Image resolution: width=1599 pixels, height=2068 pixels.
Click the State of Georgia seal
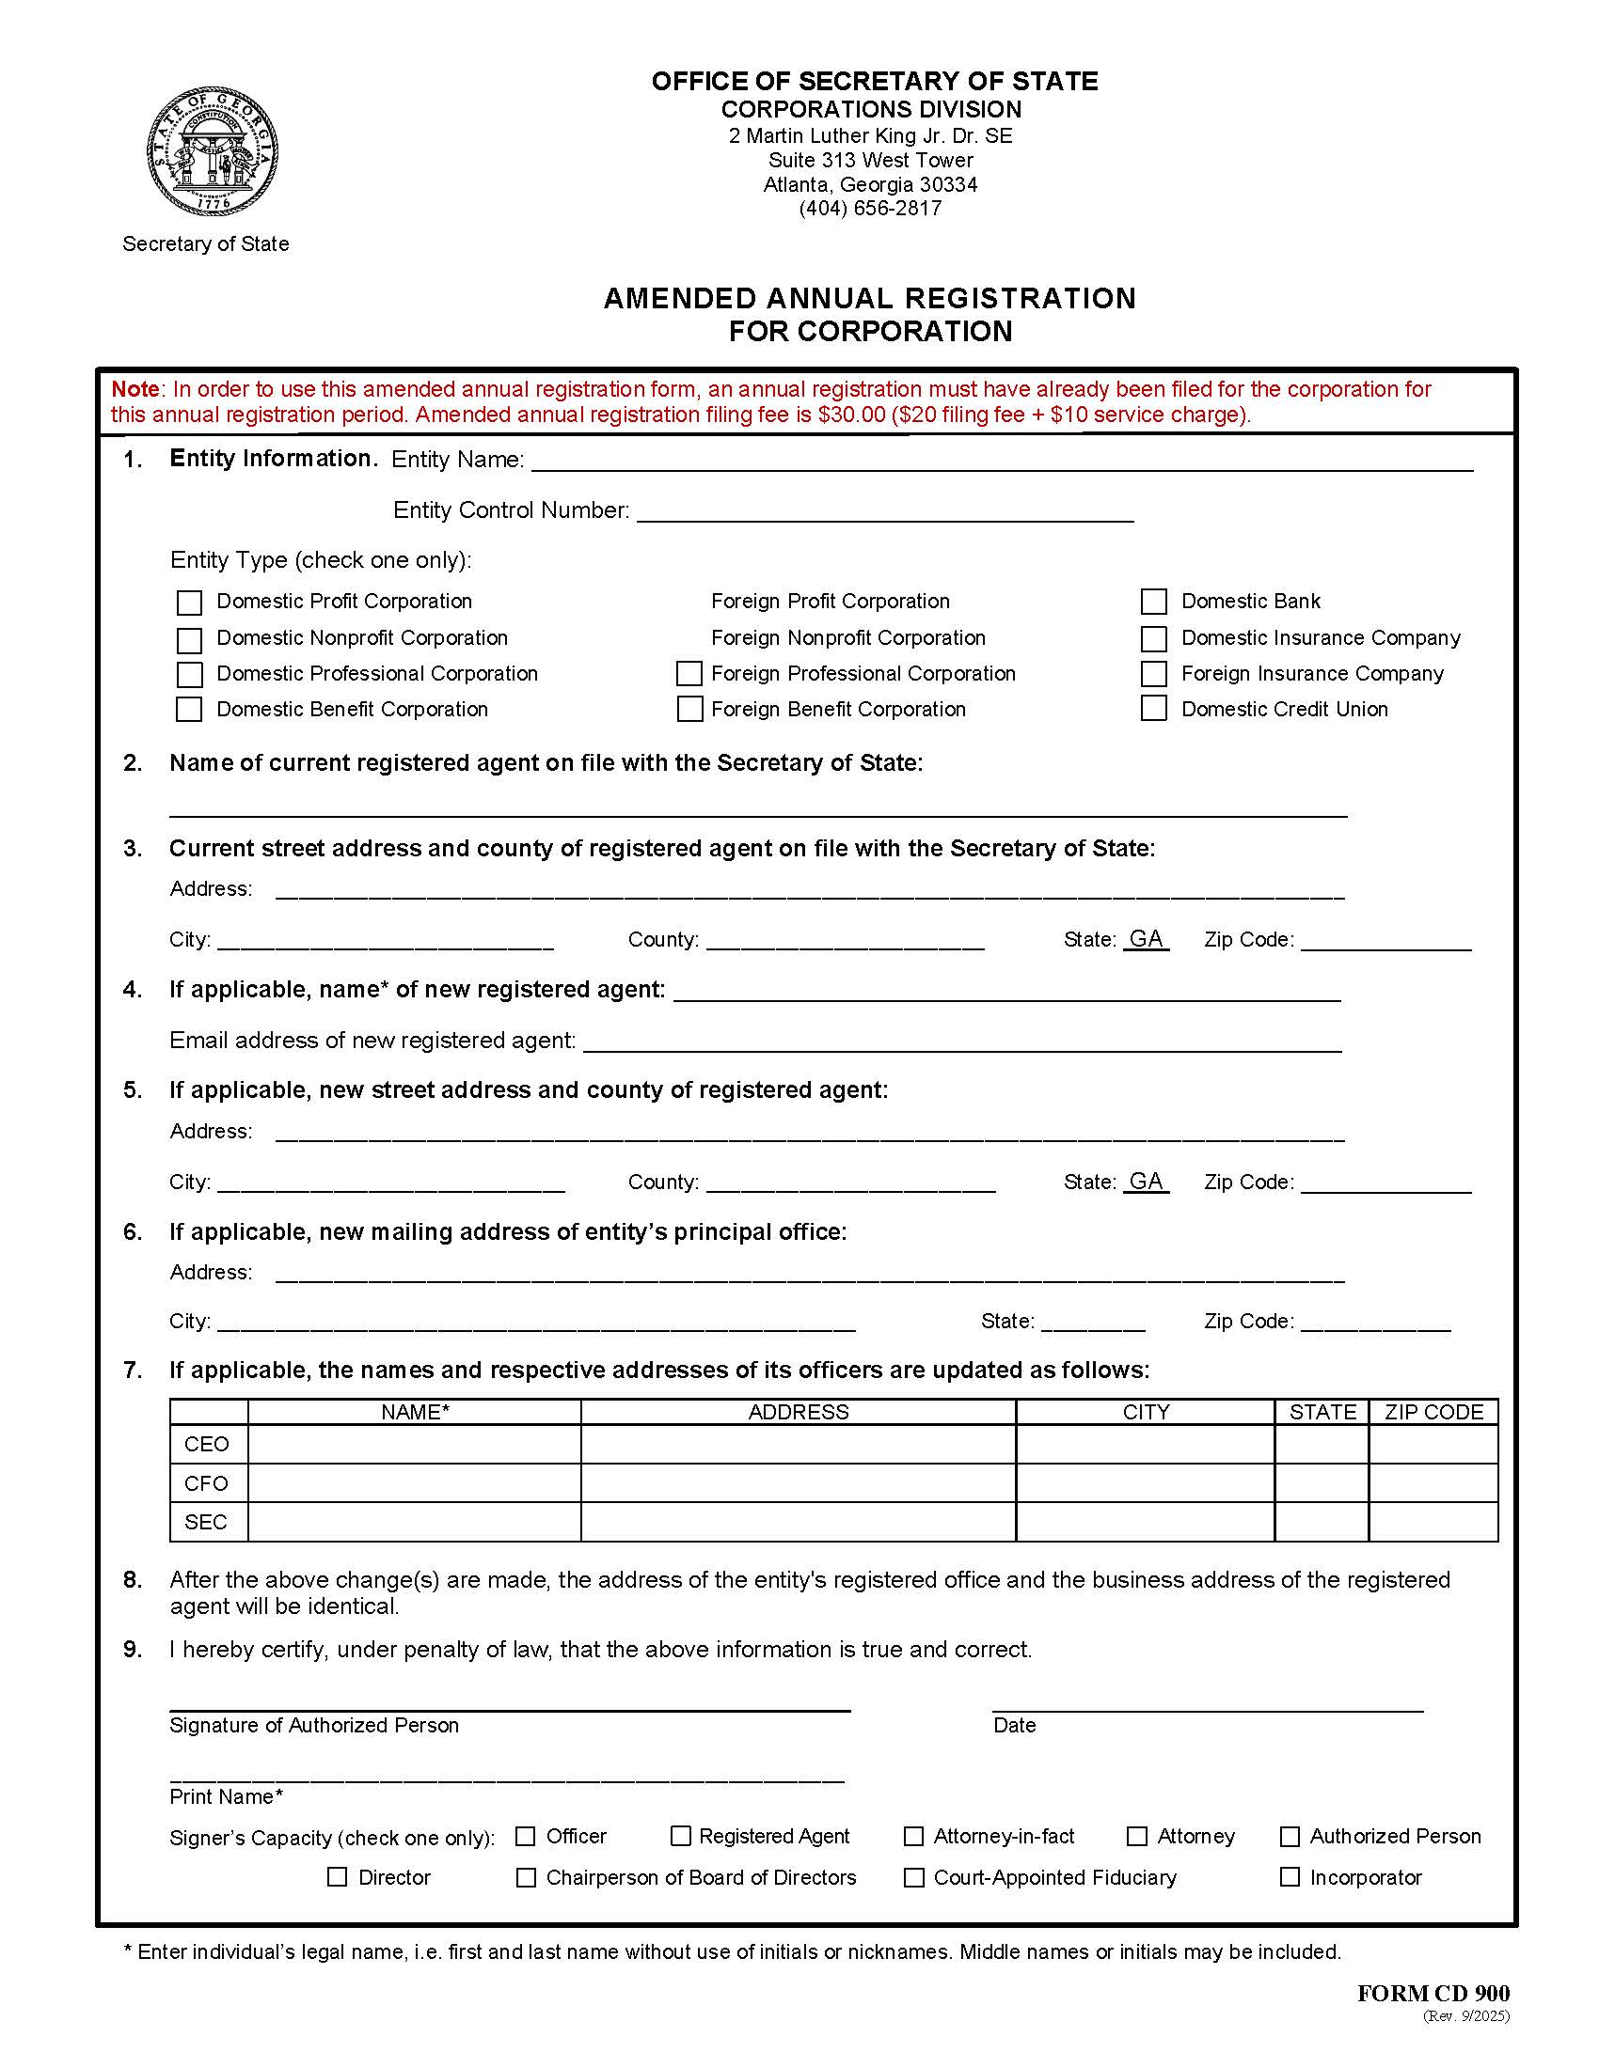click(213, 152)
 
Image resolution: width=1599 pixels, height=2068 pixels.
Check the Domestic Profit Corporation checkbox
click(189, 603)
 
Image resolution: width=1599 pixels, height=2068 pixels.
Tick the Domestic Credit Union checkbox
click(1153, 708)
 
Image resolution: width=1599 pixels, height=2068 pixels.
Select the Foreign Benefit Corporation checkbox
click(689, 709)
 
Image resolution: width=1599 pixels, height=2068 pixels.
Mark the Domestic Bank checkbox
click(1153, 602)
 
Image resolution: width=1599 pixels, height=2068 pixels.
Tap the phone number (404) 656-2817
click(870, 209)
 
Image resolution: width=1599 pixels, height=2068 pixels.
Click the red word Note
click(135, 389)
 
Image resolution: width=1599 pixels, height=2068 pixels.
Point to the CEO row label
click(207, 1444)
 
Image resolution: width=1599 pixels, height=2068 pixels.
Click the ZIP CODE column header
click(1433, 1412)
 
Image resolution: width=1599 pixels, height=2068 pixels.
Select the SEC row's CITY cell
click(1145, 1522)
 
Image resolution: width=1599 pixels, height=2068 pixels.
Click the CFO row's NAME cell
click(414, 1482)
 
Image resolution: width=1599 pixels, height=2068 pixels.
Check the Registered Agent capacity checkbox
click(680, 1836)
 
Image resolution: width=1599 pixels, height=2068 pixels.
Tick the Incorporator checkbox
click(1290, 1877)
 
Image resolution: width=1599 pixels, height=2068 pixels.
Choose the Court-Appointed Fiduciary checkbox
click(913, 1878)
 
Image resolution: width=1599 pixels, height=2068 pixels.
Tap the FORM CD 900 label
click(1433, 1993)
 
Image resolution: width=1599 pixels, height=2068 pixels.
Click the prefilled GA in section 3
click(1146, 938)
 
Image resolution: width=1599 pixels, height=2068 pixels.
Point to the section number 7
click(133, 1371)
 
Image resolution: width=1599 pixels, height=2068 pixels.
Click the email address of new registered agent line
click(961, 1042)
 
